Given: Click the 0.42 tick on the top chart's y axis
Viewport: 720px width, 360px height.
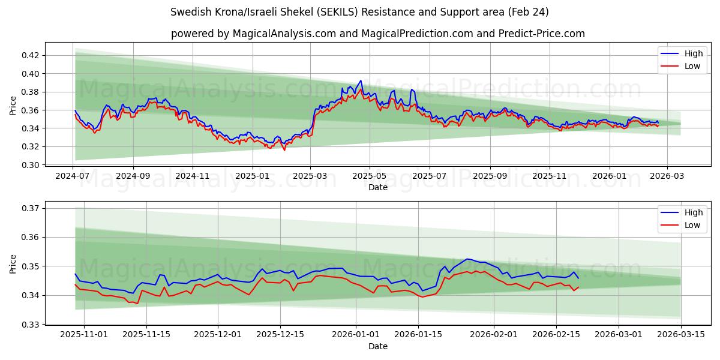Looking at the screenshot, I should [31, 55].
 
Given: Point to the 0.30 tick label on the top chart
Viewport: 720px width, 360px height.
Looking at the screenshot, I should [31, 165].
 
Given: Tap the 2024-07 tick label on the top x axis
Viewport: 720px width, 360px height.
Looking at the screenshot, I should [73, 176].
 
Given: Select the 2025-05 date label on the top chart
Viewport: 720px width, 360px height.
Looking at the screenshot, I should [370, 176].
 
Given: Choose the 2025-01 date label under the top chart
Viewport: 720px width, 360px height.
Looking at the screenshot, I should [252, 176].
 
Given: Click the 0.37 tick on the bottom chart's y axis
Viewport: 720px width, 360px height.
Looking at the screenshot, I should [31, 208].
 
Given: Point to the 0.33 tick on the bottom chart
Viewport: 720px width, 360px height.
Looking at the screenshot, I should [31, 325].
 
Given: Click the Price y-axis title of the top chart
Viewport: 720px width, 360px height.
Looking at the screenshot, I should [13, 106].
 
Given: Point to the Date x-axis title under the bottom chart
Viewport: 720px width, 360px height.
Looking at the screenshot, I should [378, 346].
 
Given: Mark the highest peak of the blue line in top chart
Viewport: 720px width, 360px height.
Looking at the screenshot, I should [361, 80].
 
